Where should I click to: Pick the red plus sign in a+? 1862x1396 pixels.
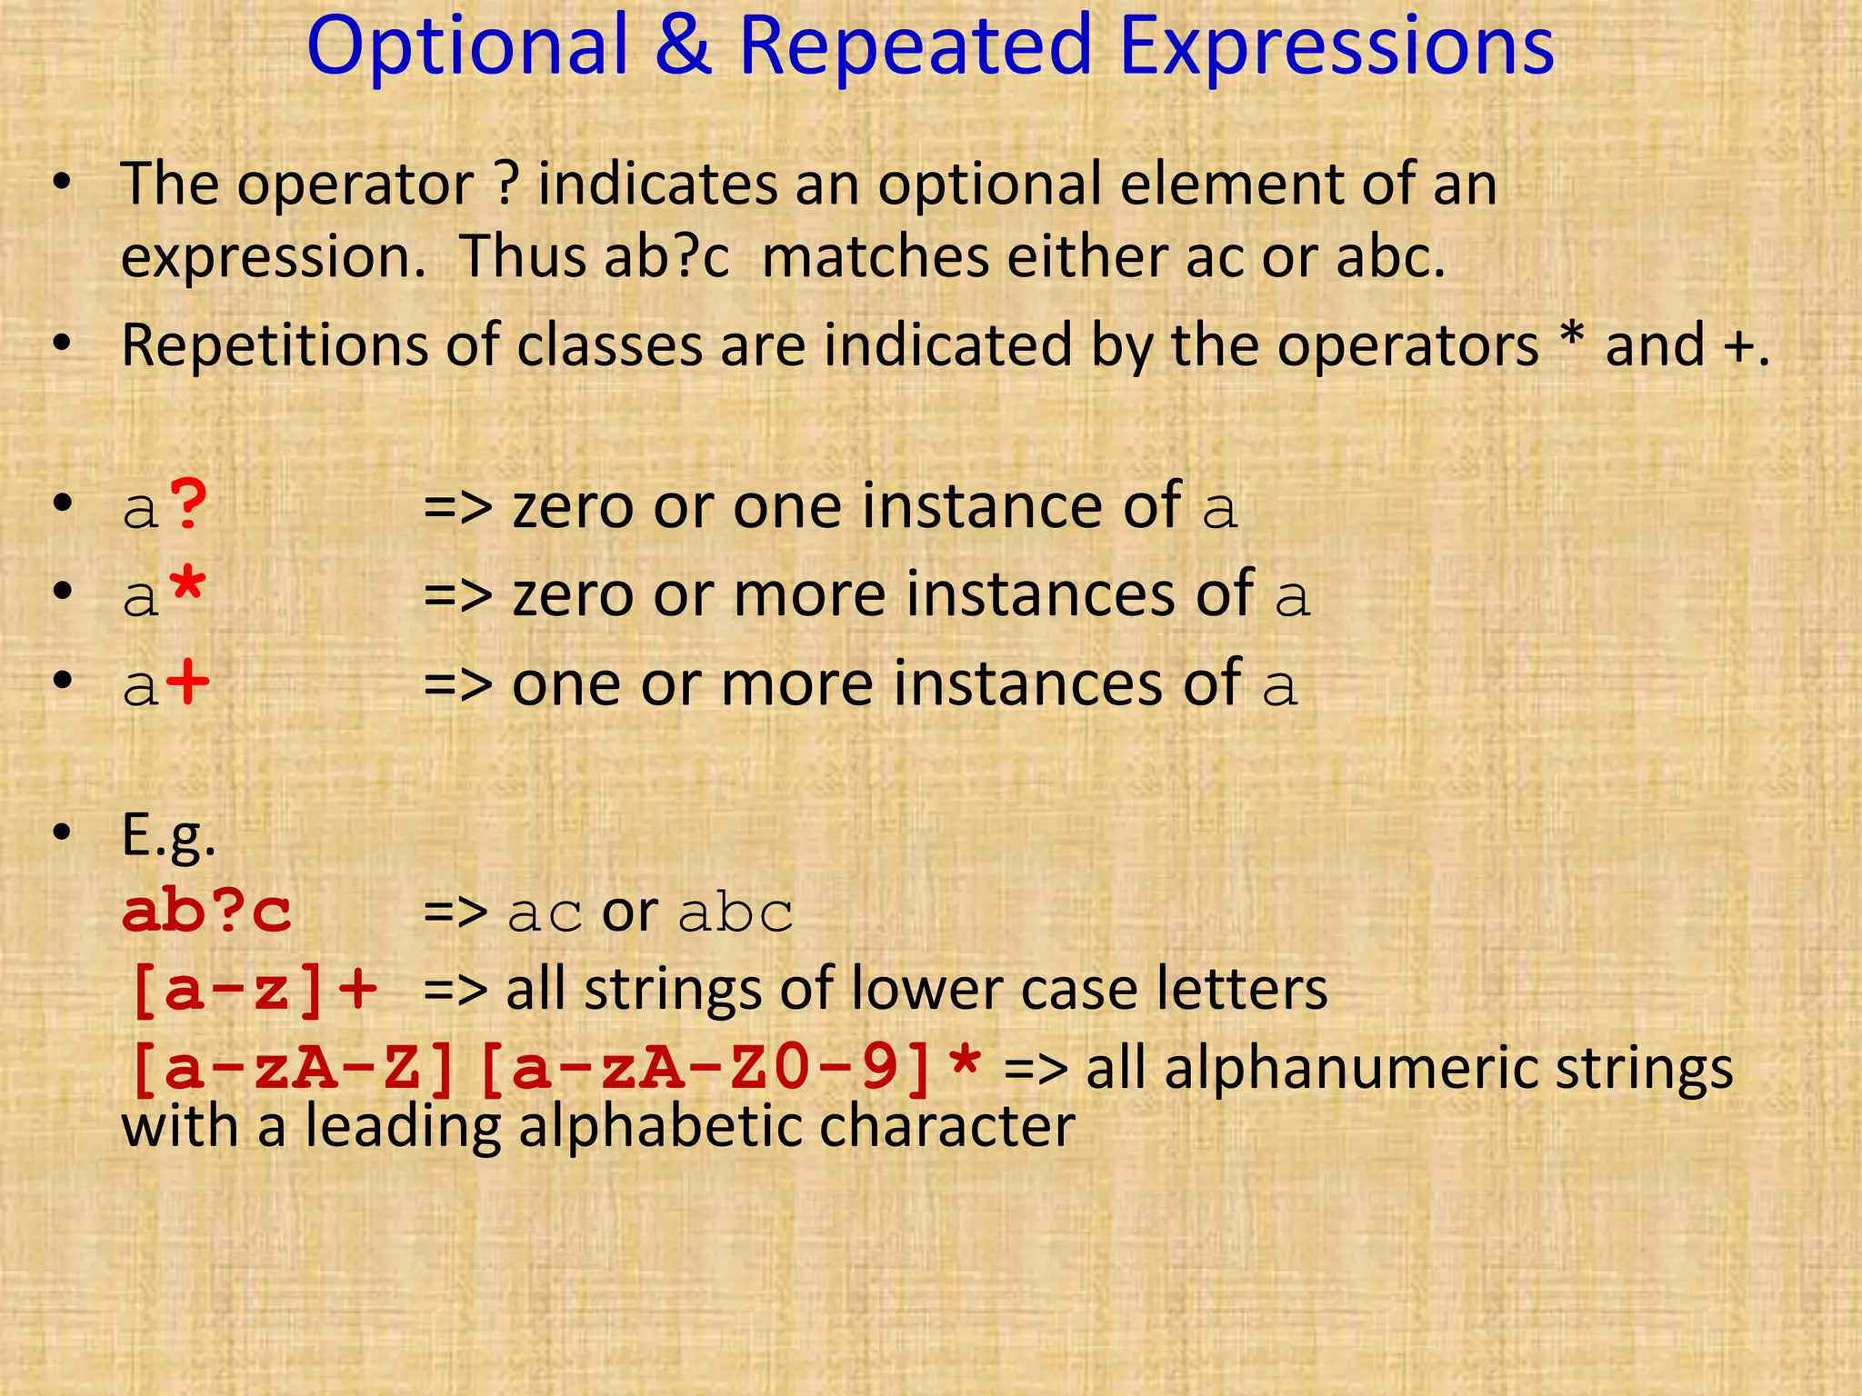(x=189, y=683)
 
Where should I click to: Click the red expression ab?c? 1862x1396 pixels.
(x=207, y=912)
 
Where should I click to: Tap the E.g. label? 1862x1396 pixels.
(x=169, y=834)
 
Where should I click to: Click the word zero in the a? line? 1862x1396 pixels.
(x=573, y=506)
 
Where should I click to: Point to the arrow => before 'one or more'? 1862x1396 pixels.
(x=457, y=683)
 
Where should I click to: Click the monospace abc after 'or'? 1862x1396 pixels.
(x=736, y=913)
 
